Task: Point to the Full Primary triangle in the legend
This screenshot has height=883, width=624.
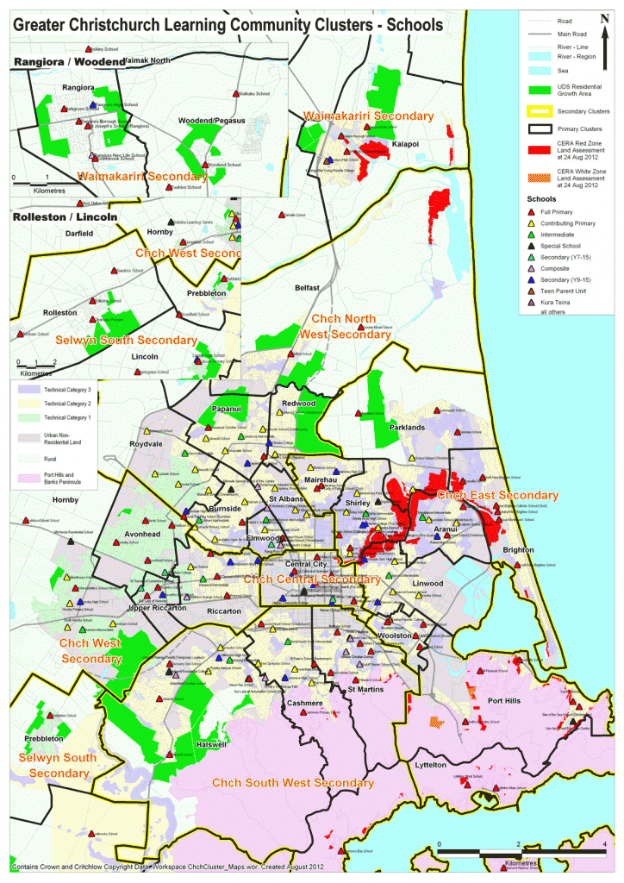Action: coord(531,211)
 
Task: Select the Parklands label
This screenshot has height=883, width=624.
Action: coord(407,427)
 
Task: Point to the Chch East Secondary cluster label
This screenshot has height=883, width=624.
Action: coord(497,496)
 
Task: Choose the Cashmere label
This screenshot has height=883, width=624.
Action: coord(305,704)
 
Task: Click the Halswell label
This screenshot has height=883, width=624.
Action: coord(211,744)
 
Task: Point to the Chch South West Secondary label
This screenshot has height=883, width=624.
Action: coord(293,783)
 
